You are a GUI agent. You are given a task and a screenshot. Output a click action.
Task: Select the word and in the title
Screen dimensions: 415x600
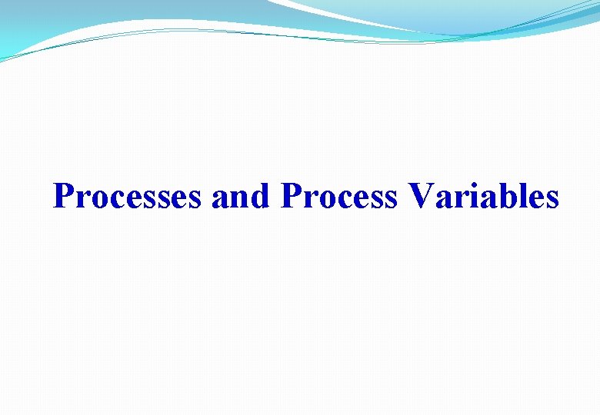241,197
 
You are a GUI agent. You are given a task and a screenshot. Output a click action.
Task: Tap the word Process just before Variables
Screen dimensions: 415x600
340,197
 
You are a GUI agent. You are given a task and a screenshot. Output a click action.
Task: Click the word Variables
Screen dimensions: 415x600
484,197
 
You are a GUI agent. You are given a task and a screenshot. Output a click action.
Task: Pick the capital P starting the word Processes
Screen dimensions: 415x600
63,197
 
